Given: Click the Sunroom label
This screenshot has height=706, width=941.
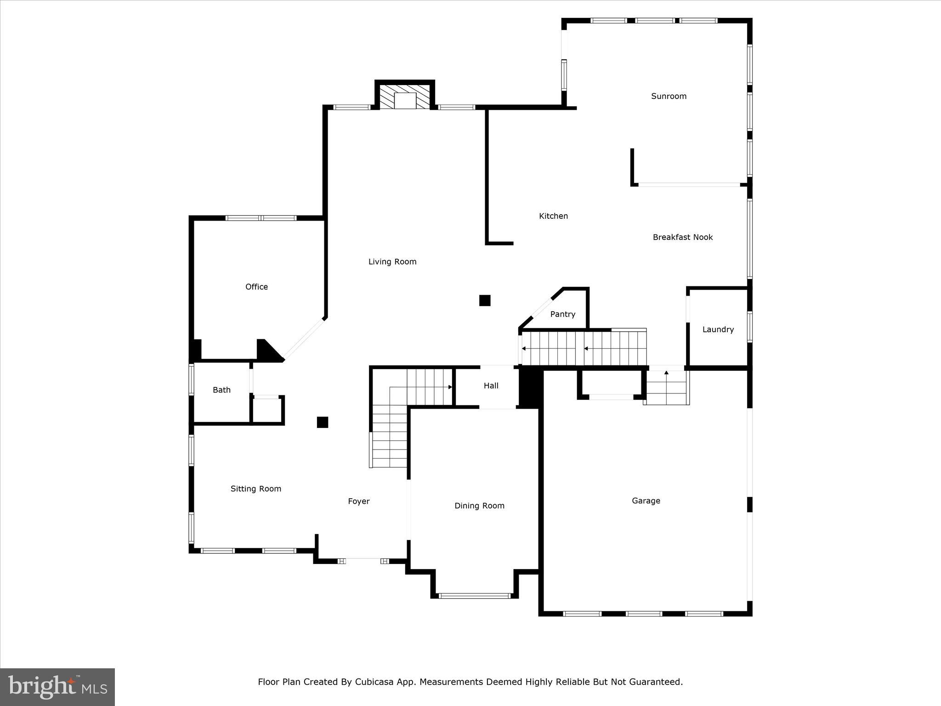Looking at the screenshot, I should pyautogui.click(x=669, y=96).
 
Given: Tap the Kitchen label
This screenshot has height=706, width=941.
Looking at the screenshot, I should pyautogui.click(x=553, y=216).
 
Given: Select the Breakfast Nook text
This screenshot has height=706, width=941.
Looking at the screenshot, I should pyautogui.click(x=682, y=237).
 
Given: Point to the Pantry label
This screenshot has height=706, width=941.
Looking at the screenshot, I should pyautogui.click(x=562, y=314).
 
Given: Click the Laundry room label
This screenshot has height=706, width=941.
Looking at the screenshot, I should pyautogui.click(x=718, y=330).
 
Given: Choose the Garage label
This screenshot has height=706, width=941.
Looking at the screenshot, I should pyautogui.click(x=646, y=501).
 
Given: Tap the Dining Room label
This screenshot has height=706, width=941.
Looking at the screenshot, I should pyautogui.click(x=479, y=506).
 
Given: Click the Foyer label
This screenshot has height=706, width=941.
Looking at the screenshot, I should pyautogui.click(x=358, y=501).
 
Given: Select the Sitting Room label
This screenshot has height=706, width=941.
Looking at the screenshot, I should pyautogui.click(x=255, y=489).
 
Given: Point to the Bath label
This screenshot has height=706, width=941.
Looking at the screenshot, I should pyautogui.click(x=221, y=390).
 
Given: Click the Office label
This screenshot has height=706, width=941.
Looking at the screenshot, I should pyautogui.click(x=256, y=287).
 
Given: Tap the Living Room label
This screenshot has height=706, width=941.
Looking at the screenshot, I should pyautogui.click(x=392, y=262).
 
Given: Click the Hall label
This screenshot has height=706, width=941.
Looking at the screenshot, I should pyautogui.click(x=491, y=386).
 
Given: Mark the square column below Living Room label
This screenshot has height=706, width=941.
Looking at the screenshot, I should pyautogui.click(x=485, y=301).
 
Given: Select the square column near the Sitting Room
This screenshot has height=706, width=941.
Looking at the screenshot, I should pyautogui.click(x=323, y=422).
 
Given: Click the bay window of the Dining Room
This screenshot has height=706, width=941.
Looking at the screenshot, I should pyautogui.click(x=474, y=596).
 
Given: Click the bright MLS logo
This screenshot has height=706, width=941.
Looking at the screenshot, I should pyautogui.click(x=57, y=687).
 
